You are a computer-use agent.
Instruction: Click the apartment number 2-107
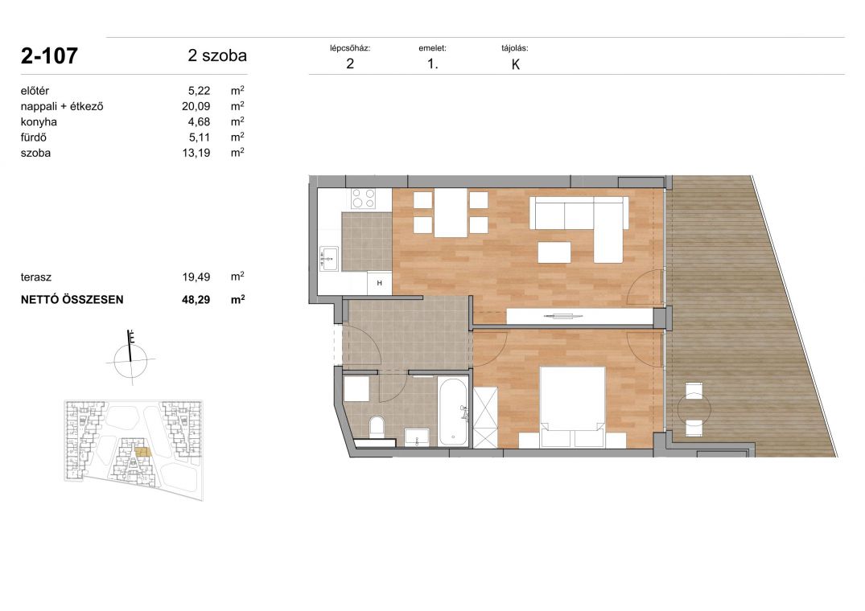[49, 56]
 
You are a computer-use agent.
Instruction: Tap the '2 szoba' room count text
[217, 55]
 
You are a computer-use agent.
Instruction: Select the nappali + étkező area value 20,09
[196, 107]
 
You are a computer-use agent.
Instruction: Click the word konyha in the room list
[39, 121]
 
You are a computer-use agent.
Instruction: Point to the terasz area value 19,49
[196, 277]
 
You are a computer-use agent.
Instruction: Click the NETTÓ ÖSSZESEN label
[72, 300]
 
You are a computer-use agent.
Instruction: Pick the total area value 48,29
[196, 300]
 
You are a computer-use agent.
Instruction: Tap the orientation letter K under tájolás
[516, 64]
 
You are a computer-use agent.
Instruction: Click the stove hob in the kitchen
[364, 199]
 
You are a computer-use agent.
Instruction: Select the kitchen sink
[329, 258]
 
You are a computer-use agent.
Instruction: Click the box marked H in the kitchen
[380, 283]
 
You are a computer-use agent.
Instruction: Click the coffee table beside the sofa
[554, 253]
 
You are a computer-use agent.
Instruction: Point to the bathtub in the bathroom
[454, 412]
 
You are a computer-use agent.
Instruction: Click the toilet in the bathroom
[377, 428]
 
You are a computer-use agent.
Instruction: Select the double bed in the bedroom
[573, 407]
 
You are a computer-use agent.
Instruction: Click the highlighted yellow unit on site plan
[142, 453]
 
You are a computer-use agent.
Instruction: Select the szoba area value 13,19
[196, 154]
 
